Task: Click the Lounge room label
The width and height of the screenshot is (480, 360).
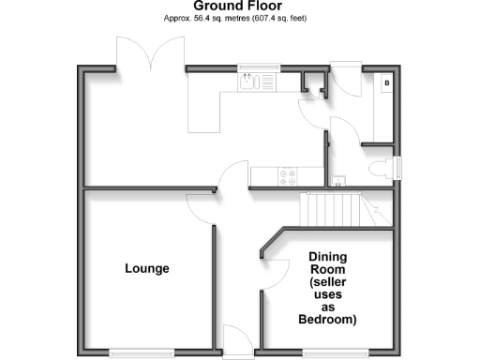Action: pos(147,269)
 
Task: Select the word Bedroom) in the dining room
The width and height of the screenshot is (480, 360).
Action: pos(327,320)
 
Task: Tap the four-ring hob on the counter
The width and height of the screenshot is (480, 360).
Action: pos(286,173)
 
